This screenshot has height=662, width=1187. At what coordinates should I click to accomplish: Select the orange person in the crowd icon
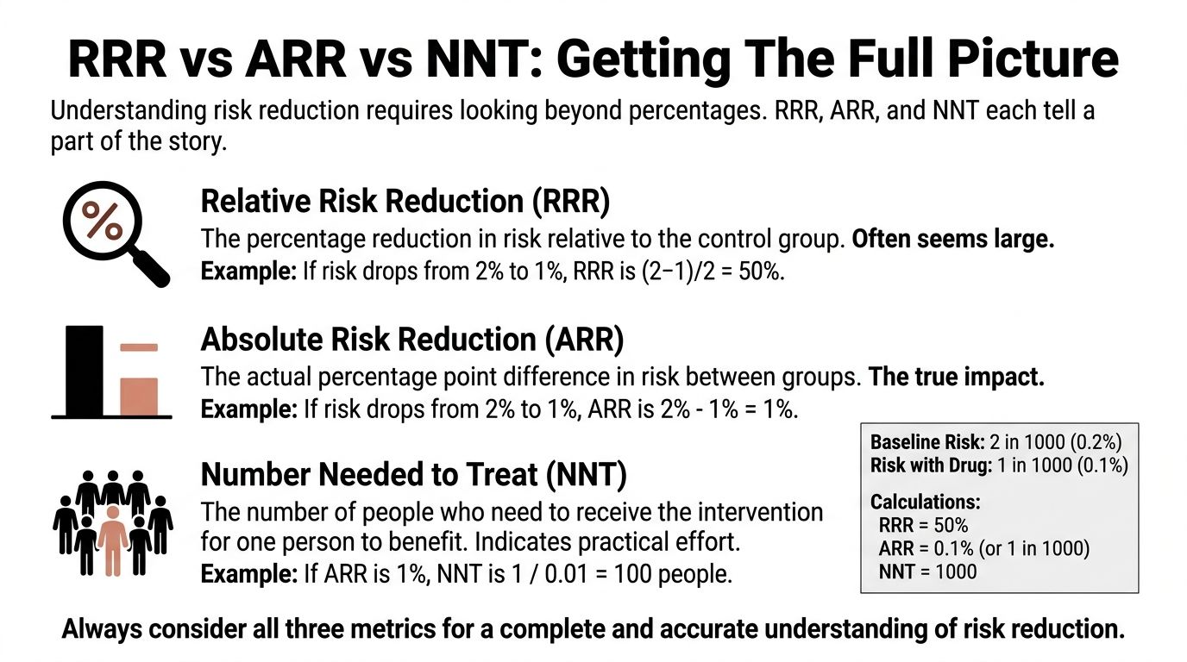[x=113, y=539]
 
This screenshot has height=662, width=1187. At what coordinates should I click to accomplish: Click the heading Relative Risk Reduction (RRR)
[x=405, y=202]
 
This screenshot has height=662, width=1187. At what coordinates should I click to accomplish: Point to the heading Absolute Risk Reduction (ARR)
[x=411, y=340]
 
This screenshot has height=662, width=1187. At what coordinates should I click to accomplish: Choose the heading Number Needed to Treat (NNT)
[x=413, y=475]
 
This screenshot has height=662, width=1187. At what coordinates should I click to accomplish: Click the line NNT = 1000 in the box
[x=927, y=571]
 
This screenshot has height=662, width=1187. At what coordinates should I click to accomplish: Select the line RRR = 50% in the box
[x=923, y=526]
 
